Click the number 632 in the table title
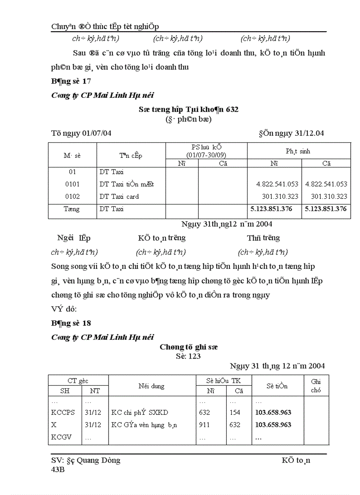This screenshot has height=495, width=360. pos(232,109)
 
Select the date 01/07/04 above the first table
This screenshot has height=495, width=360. pos(97,134)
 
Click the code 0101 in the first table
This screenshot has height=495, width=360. pos(72,184)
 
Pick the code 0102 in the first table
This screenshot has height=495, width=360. pos(72,197)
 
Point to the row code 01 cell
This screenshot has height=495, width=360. pos(72,172)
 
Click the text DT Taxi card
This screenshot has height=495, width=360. pos(119,197)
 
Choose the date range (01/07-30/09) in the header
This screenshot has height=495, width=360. pos(206,155)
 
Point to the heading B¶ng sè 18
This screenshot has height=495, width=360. pos(71,323)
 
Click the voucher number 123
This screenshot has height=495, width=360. pos(194,356)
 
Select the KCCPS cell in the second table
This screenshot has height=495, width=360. pos(63,413)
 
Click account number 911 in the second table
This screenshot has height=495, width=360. pos(204,425)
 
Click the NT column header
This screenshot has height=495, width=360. pos(95,391)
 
